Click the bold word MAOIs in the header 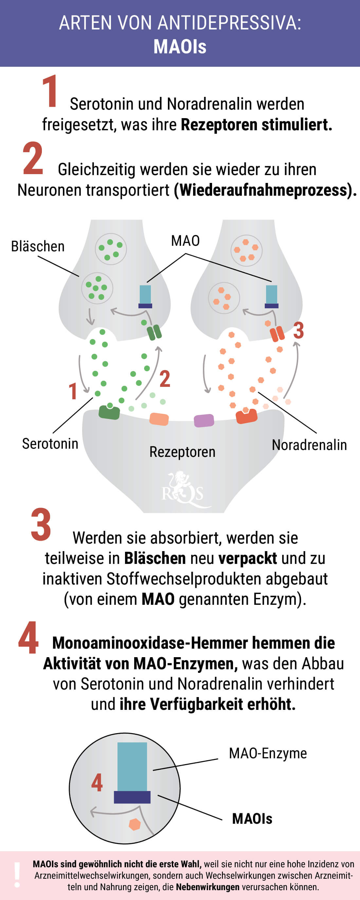click(x=180, y=46)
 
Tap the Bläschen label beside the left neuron click(x=38, y=246)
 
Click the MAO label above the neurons click(x=185, y=241)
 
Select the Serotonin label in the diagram click(x=50, y=444)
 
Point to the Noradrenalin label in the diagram click(x=309, y=445)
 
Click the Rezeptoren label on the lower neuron click(x=182, y=452)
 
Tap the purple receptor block click(x=204, y=421)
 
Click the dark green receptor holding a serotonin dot click(x=109, y=412)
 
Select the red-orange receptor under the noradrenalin click(x=246, y=416)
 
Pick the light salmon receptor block click(x=159, y=419)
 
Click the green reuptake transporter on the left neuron click(x=154, y=332)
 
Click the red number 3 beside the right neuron click(x=298, y=330)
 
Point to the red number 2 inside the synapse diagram click(x=165, y=379)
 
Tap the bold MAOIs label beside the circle click(x=252, y=819)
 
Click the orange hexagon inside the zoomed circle click(x=135, y=824)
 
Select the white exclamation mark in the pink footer click(x=17, y=875)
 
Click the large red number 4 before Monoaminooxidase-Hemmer click(x=28, y=638)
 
